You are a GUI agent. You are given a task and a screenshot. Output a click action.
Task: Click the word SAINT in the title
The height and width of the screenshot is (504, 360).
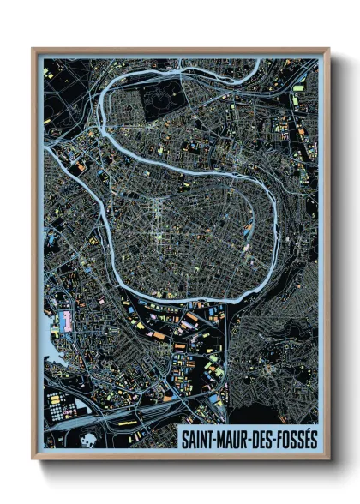[196, 438]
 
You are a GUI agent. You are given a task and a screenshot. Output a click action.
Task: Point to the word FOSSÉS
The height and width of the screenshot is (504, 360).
[296, 438]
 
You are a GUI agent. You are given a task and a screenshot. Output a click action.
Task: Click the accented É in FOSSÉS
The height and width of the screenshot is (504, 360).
[303, 437]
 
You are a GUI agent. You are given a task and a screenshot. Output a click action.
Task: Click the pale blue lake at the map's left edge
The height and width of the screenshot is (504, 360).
[48, 346]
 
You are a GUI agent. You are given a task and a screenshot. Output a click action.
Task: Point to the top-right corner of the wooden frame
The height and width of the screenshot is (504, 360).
[328, 49]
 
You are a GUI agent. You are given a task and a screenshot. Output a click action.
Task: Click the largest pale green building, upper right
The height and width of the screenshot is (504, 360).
[298, 87]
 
